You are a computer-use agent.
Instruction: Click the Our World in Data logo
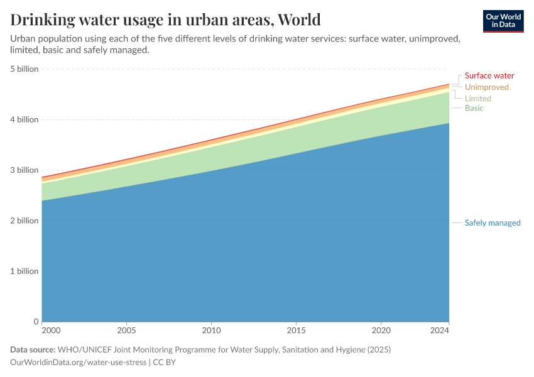click(x=503, y=21)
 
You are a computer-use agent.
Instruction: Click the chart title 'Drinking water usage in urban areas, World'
click(x=166, y=19)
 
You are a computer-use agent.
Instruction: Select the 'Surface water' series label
click(x=489, y=76)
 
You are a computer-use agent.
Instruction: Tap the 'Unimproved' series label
click(x=486, y=87)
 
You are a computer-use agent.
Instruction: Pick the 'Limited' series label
click(x=477, y=99)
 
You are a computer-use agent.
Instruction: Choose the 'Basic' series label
click(x=474, y=109)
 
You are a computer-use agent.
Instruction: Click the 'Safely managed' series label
click(x=493, y=223)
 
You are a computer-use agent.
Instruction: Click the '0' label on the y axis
click(x=36, y=322)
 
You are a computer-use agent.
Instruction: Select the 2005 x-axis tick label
click(x=126, y=330)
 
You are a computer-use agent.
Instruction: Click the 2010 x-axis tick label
click(x=211, y=330)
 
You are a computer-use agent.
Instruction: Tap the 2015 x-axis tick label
click(x=296, y=330)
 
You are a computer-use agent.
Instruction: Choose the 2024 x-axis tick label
click(x=440, y=330)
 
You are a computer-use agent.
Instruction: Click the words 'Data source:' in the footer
click(x=33, y=349)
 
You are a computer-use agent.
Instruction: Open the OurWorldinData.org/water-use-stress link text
click(x=78, y=363)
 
